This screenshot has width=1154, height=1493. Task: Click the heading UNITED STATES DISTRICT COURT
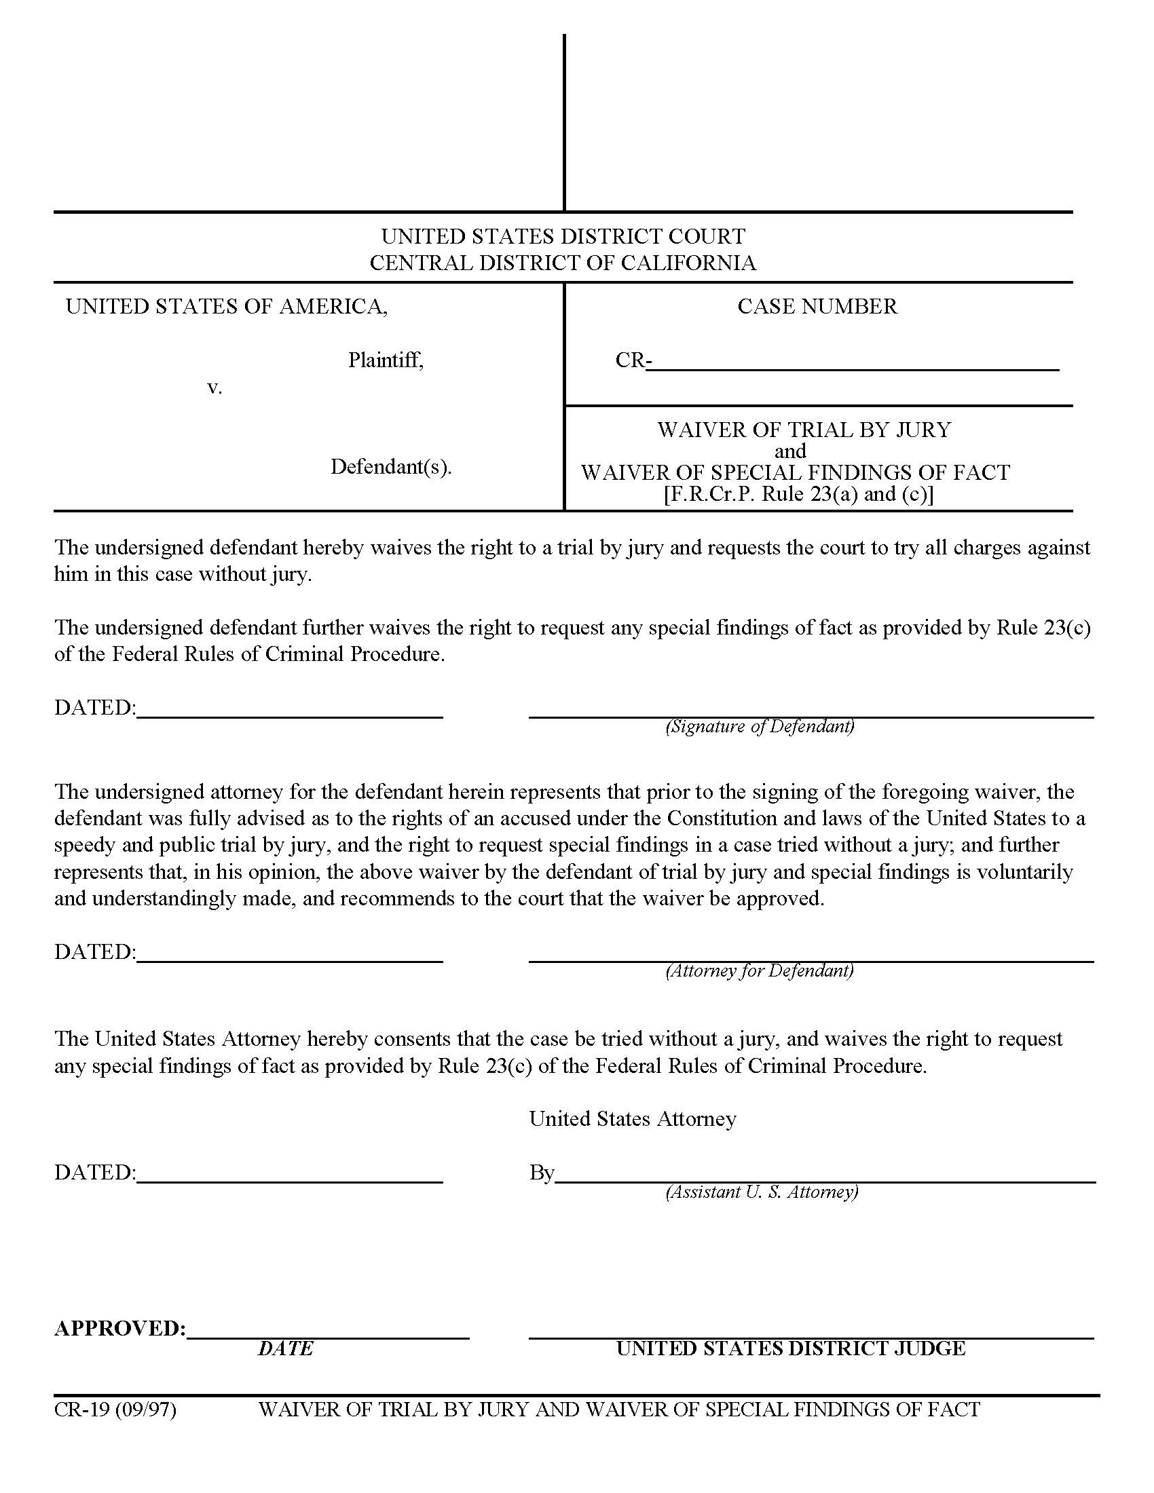563,237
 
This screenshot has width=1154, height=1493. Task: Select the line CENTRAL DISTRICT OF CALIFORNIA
563,263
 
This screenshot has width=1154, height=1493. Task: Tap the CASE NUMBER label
817,306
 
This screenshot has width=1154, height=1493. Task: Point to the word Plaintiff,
386,360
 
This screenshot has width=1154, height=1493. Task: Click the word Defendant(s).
391,467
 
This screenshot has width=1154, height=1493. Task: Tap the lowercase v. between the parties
215,388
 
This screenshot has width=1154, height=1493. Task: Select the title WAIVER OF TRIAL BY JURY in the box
804,430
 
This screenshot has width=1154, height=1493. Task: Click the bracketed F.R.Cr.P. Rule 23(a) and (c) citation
798,493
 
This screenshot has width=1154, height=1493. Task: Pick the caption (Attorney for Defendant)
760,970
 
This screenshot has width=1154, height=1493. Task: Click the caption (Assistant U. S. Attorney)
762,1192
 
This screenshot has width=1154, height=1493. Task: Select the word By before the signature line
541,1173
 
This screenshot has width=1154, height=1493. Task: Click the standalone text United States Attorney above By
633,1118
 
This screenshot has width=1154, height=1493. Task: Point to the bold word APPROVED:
119,1328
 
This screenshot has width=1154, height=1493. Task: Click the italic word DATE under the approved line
285,1348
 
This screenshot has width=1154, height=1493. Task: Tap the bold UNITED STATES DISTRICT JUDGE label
790,1348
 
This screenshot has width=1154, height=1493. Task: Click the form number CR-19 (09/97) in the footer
115,1410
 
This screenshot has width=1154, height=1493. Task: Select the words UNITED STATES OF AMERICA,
226,306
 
